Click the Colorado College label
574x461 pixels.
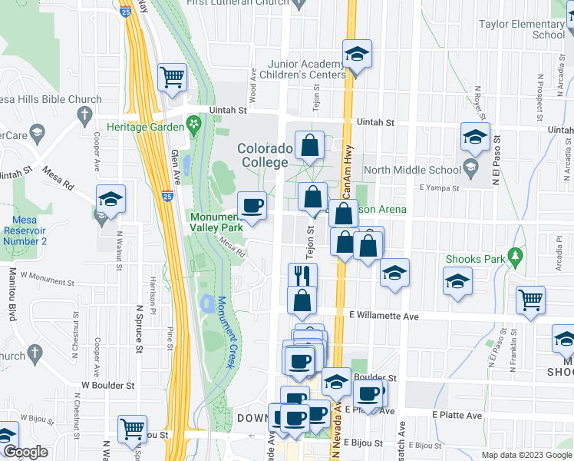(265, 155)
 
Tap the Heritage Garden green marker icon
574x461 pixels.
(193, 124)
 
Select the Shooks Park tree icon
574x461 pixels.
(516, 256)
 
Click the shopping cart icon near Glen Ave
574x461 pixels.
(172, 77)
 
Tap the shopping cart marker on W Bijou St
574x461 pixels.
(133, 428)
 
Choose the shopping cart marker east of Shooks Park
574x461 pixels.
(530, 300)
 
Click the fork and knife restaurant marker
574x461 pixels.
(302, 276)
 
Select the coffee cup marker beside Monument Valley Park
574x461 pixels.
(252, 205)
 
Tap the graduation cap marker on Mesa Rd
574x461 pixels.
(111, 200)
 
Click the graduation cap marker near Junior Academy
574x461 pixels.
(356, 54)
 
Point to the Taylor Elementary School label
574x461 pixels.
(522, 29)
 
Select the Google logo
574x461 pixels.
(25, 453)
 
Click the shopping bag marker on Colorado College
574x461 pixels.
(309, 146)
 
